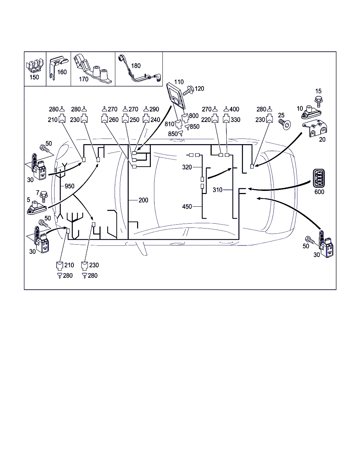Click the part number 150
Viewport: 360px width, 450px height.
[34, 77]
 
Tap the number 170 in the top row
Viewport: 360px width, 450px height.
[84, 79]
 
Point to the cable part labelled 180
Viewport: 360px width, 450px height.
[141, 74]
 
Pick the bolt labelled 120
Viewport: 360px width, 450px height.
[188, 90]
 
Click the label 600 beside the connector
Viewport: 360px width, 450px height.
[319, 192]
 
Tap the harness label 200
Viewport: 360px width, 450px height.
[143, 200]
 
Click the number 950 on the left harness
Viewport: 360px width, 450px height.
[70, 186]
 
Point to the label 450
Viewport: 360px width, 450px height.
[187, 207]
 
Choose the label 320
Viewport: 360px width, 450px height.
[187, 167]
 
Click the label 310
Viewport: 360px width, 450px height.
[218, 190]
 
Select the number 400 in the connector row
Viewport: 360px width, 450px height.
[234, 109]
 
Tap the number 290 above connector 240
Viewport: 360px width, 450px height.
[154, 109]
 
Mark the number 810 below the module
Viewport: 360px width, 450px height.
[169, 124]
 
